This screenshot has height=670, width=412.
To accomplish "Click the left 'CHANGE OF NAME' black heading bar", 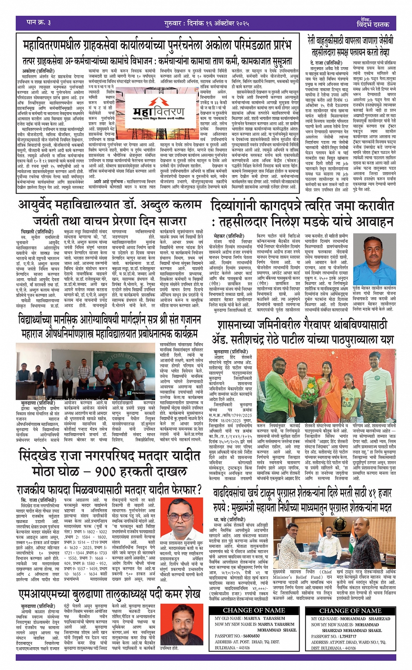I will coord(254,611).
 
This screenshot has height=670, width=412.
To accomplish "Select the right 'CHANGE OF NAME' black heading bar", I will coord(351,611).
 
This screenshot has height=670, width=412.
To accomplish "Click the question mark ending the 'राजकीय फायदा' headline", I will coord(199,489).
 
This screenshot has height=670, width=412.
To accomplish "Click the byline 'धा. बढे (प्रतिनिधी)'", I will coord(229,519).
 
